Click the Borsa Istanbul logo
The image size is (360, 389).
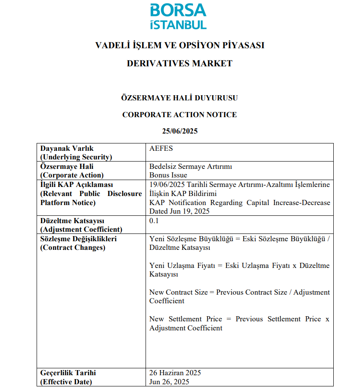click(179, 16)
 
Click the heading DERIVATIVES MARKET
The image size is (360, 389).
click(180, 63)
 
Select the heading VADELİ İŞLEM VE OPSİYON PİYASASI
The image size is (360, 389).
click(180, 45)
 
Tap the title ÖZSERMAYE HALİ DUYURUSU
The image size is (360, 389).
click(180, 98)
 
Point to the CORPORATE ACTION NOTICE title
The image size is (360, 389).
click(180, 115)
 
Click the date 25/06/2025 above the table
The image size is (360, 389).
click(180, 131)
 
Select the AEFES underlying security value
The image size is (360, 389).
click(161, 148)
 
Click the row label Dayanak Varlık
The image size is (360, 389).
click(67, 148)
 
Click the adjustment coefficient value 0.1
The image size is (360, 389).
click(154, 221)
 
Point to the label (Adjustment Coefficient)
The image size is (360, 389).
click(81, 229)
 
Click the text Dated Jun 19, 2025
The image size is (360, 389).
click(180, 212)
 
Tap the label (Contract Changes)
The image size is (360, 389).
click(72, 247)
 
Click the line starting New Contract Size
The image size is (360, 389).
click(239, 292)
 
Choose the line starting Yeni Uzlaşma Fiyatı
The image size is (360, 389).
click(239, 265)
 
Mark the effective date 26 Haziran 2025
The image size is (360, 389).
click(175, 373)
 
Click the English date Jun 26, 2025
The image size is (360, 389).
click(169, 382)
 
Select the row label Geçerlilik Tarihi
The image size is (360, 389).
click(68, 373)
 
